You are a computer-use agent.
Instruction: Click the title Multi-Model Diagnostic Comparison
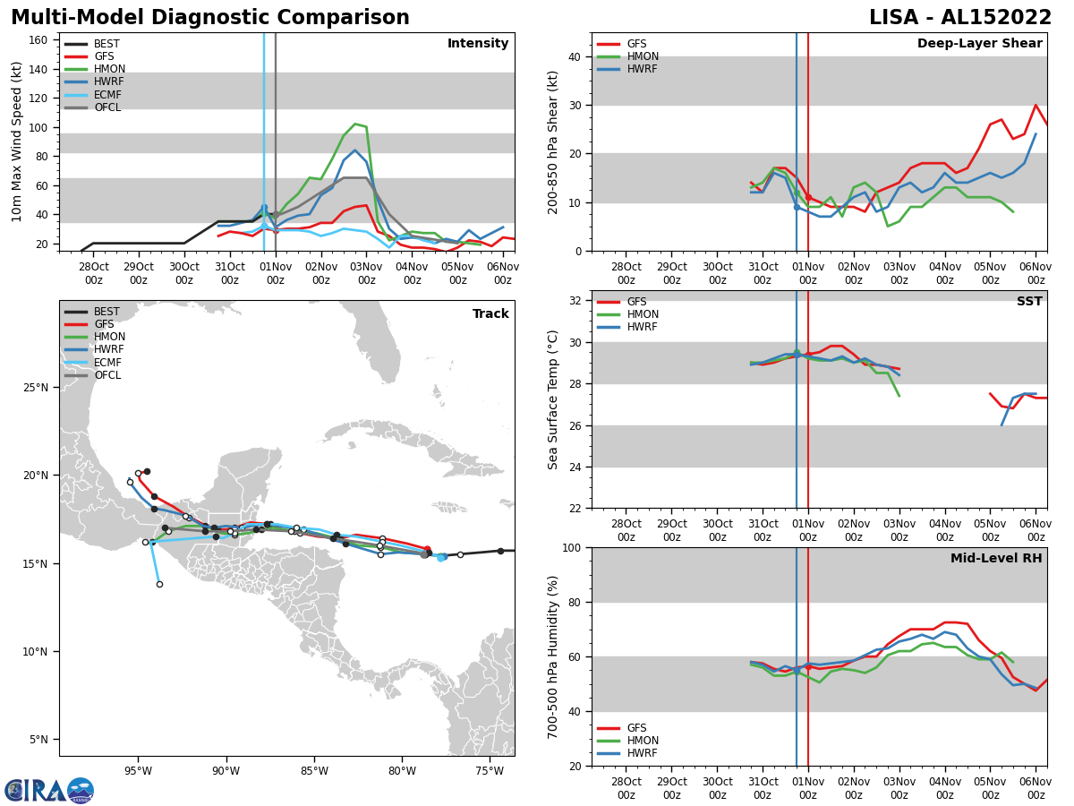coord(210,18)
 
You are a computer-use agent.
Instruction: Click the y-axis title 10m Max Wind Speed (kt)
coord(17,141)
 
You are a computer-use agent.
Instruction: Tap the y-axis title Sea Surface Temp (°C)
coord(553,399)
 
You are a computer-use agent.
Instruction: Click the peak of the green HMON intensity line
coord(355,124)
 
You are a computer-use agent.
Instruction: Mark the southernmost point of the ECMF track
coord(159,584)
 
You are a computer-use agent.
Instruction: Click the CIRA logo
coord(49,790)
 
